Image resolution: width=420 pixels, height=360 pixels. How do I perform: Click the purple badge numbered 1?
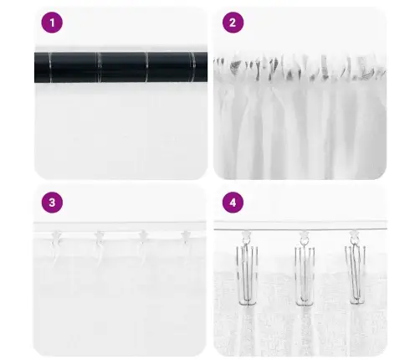click(x=52, y=23)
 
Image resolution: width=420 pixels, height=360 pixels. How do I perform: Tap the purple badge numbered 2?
click(x=232, y=23)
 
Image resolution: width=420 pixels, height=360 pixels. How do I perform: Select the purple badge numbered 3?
click(x=52, y=202)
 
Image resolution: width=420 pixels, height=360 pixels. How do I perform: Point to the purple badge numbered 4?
click(x=232, y=202)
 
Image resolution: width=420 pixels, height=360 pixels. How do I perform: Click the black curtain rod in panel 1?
click(x=117, y=67)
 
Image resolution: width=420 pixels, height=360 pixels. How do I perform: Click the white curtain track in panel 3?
click(x=117, y=227)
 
